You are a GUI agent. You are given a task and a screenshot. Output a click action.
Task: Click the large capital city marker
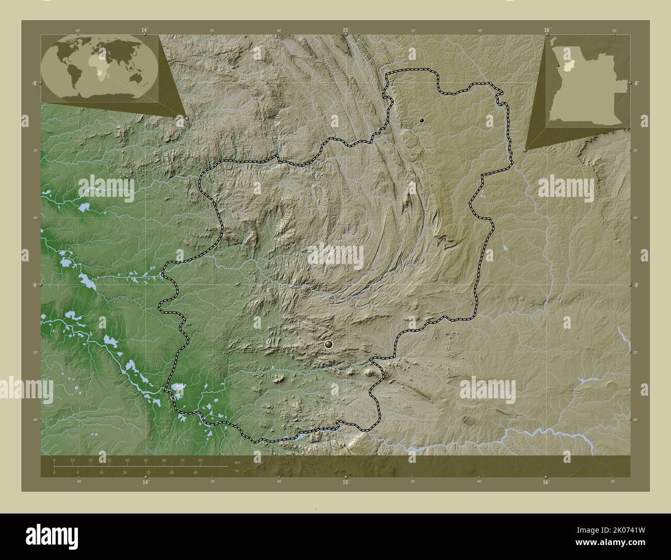pyautogui.click(x=329, y=344)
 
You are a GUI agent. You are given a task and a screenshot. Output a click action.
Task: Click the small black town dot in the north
pyautogui.click(x=422, y=120)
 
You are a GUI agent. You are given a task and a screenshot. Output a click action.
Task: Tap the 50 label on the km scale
pyautogui.click(x=146, y=460)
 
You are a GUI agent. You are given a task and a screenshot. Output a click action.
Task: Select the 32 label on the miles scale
pyautogui.click(x=148, y=472)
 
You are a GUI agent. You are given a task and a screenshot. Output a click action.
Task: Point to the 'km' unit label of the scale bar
pyautogui.click(x=237, y=462)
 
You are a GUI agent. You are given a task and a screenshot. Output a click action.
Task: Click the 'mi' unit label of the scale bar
pyautogui.click(x=237, y=471)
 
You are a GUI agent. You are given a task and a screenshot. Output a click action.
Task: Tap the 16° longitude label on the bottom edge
pyautogui.click(x=546, y=482)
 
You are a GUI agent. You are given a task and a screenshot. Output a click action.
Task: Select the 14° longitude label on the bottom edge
pyautogui.click(x=146, y=482)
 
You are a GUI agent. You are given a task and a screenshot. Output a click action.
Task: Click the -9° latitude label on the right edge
pyautogui.click(x=636, y=285)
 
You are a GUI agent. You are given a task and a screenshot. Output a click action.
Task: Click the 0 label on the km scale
pyautogui.click(x=54, y=460)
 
